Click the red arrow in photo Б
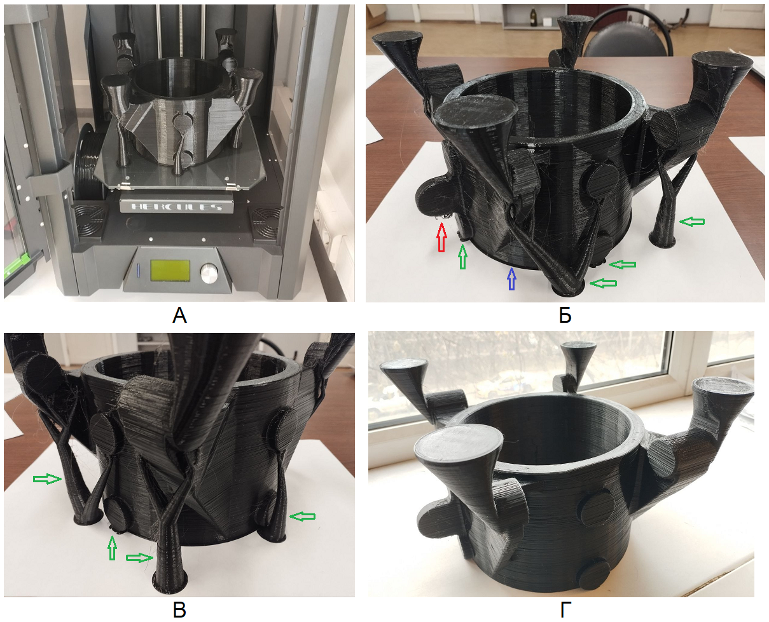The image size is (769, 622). pyautogui.click(x=441, y=237)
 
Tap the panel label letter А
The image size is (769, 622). pyautogui.click(x=179, y=316)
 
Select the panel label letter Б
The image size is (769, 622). pyautogui.click(x=565, y=316)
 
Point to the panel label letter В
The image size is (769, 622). pyautogui.click(x=179, y=610)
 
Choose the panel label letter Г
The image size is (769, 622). pyautogui.click(x=565, y=610)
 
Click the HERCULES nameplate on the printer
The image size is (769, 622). pyautogui.click(x=177, y=206)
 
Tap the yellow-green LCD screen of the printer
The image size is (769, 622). pyautogui.click(x=170, y=271)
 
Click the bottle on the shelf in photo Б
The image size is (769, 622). pyautogui.click(x=533, y=17)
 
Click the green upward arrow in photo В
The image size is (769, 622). pyautogui.click(x=113, y=548)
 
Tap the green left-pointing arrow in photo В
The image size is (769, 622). pyautogui.click(x=303, y=517)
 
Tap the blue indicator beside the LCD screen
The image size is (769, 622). pyautogui.click(x=138, y=270)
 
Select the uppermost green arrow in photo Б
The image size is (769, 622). pyautogui.click(x=692, y=222)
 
